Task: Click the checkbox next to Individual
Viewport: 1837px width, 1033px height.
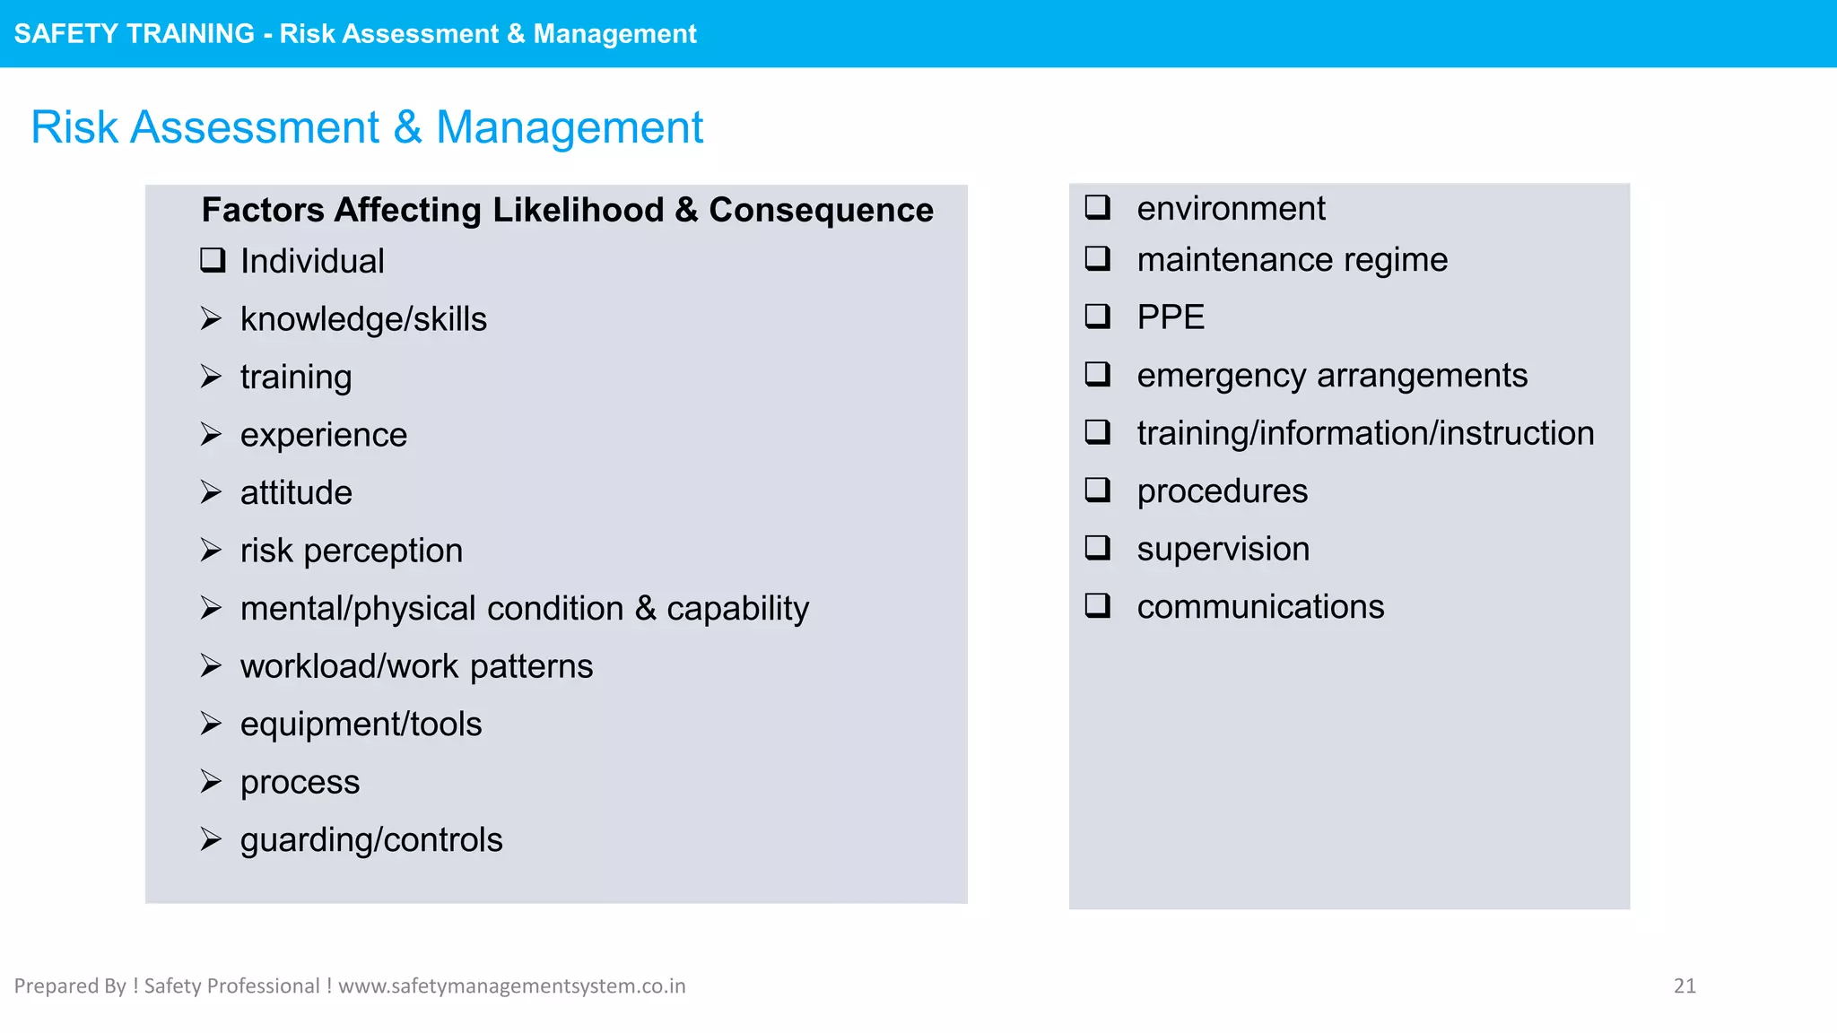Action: pyautogui.click(x=213, y=260)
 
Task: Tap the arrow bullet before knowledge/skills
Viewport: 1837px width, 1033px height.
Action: pyautogui.click(x=211, y=318)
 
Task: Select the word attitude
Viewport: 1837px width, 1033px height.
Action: pyautogui.click(x=296, y=492)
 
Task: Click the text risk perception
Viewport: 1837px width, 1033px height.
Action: pyautogui.click(x=351, y=551)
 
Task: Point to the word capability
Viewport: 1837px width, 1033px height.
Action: pyautogui.click(x=737, y=609)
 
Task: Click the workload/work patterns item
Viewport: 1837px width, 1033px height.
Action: pyautogui.click(x=416, y=666)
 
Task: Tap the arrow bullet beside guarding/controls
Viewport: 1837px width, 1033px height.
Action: pyautogui.click(x=211, y=839)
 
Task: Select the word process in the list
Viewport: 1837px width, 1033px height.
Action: pyautogui.click(x=300, y=782)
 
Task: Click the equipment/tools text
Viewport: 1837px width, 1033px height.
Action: pyautogui.click(x=361, y=724)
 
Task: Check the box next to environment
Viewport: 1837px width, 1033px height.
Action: pyautogui.click(x=1098, y=207)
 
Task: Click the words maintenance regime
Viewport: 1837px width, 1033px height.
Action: pyautogui.click(x=1292, y=260)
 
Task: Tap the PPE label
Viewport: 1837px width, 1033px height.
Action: pyautogui.click(x=1170, y=317)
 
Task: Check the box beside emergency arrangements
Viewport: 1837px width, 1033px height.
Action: pyautogui.click(x=1098, y=373)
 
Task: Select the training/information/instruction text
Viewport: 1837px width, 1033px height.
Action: pyautogui.click(x=1365, y=433)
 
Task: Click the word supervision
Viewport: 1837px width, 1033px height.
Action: pyautogui.click(x=1223, y=549)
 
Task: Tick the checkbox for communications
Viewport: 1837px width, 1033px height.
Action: pyautogui.click(x=1098, y=605)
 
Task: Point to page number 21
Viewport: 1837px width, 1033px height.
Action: pyautogui.click(x=1684, y=985)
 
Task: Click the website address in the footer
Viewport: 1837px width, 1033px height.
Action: pyautogui.click(x=511, y=985)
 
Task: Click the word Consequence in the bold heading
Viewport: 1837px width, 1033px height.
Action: pyautogui.click(x=821, y=210)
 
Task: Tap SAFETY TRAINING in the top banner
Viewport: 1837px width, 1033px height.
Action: pyautogui.click(x=135, y=33)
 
